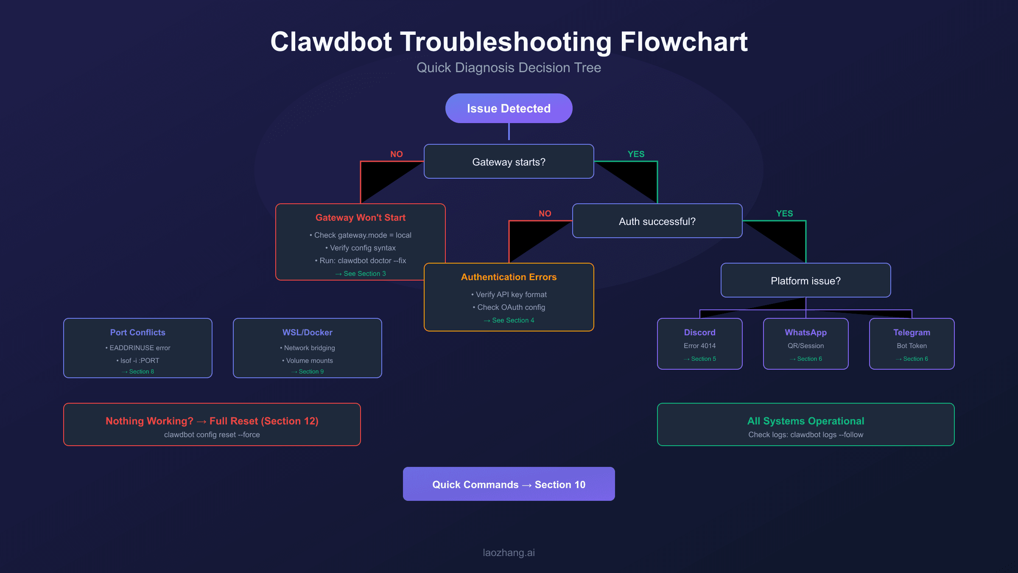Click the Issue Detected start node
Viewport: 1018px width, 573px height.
pos(509,108)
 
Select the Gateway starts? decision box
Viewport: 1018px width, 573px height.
pos(509,162)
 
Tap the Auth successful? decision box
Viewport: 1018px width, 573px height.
pos(657,221)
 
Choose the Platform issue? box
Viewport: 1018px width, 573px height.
pos(805,281)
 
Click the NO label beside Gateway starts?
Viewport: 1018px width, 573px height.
pos(396,154)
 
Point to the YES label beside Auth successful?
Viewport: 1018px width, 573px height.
pos(784,213)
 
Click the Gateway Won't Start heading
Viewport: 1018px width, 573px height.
pos(360,217)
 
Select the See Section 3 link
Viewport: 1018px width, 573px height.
pos(361,274)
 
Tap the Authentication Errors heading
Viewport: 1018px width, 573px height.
pos(509,277)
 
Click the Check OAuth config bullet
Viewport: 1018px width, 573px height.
pos(509,307)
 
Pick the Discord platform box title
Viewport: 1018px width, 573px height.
pos(699,332)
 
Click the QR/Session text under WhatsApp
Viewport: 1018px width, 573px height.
pos(805,346)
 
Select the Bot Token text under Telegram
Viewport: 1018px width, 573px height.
pos(912,346)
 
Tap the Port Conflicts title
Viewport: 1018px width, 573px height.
pos(137,332)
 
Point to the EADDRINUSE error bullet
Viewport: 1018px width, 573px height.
pos(138,348)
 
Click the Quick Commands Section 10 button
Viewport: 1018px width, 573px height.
pos(509,484)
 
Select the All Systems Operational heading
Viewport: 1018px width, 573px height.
pos(805,421)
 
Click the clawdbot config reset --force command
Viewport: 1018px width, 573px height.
pos(212,435)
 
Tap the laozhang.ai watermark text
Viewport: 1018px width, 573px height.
pos(509,553)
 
